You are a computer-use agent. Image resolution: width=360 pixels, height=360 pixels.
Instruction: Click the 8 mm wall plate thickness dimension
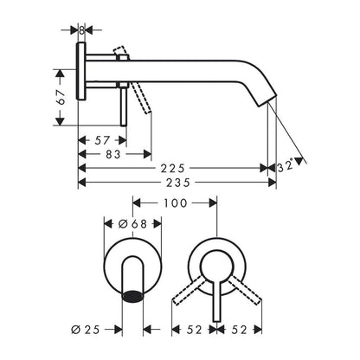(x=82, y=30)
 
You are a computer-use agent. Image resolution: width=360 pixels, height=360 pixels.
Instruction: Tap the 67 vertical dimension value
(x=61, y=97)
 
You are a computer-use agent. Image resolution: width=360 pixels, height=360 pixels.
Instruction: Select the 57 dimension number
(x=102, y=140)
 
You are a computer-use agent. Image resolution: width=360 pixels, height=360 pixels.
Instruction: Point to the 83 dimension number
(x=112, y=154)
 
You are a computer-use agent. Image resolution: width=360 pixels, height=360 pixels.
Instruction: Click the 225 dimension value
(x=173, y=168)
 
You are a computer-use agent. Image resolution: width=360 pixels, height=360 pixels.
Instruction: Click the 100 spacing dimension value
(x=176, y=203)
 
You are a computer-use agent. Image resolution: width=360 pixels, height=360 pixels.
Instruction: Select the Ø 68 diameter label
(x=132, y=224)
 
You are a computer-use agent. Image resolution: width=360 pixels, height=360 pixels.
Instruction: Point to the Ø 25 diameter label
(x=86, y=330)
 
